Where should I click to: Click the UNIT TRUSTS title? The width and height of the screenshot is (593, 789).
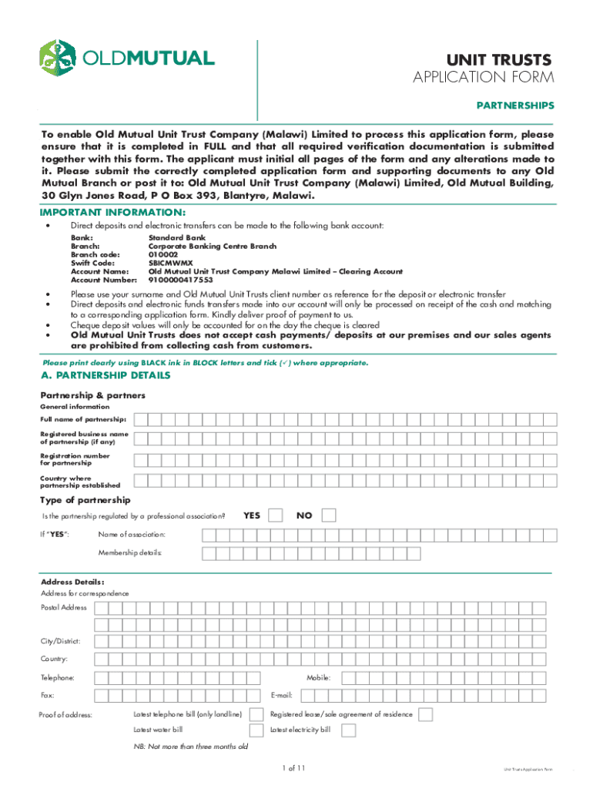point(501,60)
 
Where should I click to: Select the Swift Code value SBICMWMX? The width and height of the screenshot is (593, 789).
point(170,263)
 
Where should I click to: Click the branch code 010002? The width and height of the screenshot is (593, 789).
point(162,254)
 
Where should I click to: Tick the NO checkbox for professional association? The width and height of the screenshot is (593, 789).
point(329,515)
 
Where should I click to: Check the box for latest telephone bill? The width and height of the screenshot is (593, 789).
point(253,714)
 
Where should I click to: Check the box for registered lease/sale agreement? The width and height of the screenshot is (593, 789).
point(424,714)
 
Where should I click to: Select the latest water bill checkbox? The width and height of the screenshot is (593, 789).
point(253,730)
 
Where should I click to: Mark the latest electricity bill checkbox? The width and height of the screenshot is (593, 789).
point(348,730)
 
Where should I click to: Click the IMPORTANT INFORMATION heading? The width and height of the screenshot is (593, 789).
point(112,212)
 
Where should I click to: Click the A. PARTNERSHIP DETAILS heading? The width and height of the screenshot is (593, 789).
point(105,375)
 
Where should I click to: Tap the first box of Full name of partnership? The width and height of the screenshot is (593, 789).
point(141,419)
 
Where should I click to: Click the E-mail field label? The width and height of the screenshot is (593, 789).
point(281,695)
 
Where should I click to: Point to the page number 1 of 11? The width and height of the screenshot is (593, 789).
point(295,768)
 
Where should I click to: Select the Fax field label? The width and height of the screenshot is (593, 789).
point(47,695)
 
